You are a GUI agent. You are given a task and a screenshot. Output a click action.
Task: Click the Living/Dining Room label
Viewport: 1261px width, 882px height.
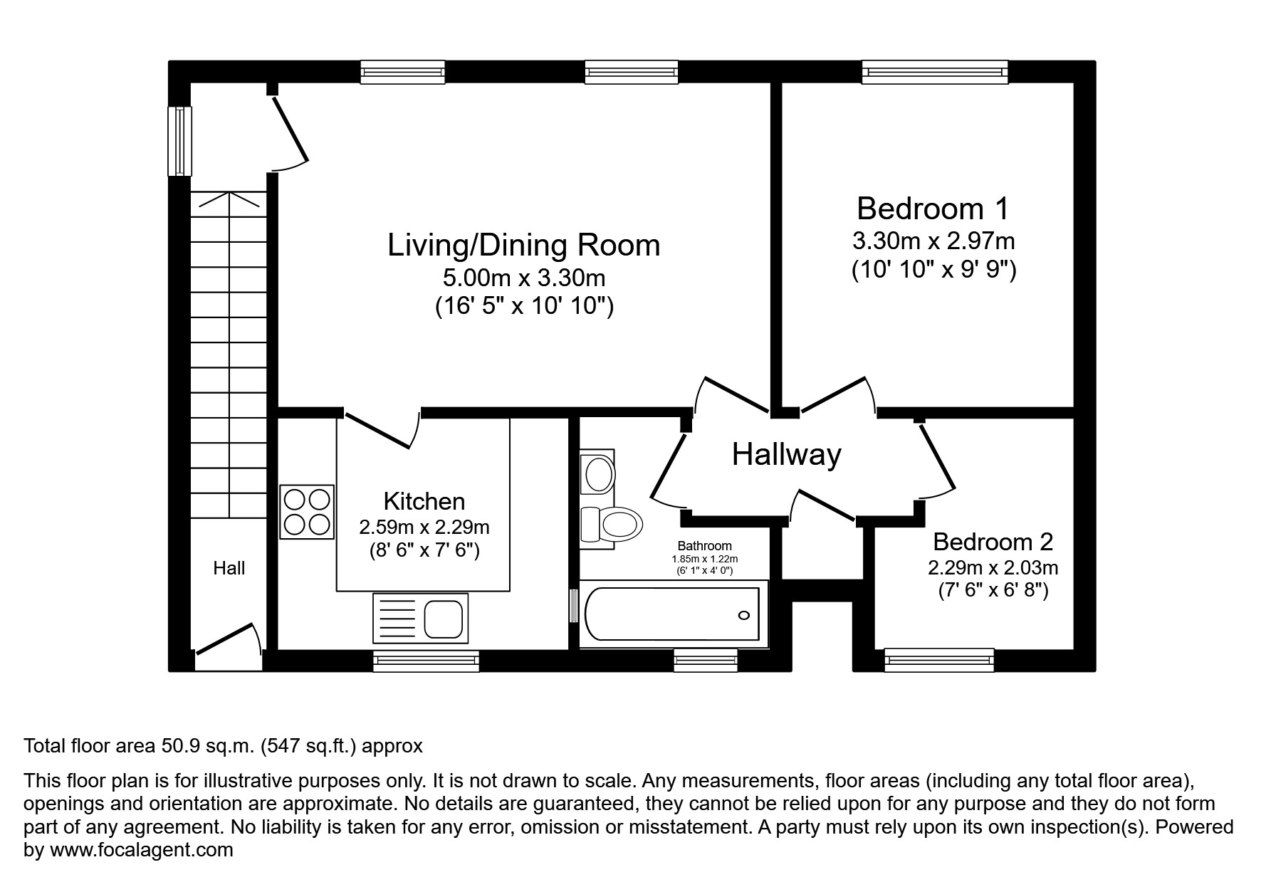[523, 245]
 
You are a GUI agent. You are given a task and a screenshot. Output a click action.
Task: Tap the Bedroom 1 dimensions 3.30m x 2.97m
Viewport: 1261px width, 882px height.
[933, 241]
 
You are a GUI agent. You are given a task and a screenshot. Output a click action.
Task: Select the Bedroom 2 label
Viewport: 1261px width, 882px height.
[993, 542]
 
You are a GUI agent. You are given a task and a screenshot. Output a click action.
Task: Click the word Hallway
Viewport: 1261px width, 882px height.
[786, 454]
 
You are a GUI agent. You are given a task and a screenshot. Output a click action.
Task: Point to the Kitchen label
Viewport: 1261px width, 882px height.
[424, 501]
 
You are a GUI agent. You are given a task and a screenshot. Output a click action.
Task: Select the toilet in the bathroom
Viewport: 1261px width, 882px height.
[614, 525]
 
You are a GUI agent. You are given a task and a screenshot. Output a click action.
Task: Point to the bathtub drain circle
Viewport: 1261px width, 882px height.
[745, 615]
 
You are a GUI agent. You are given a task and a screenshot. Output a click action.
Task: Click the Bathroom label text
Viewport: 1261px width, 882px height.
[704, 546]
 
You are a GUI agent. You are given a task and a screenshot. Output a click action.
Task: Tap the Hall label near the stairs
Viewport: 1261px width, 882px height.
[229, 568]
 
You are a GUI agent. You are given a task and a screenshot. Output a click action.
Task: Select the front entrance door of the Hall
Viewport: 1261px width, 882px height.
[226, 638]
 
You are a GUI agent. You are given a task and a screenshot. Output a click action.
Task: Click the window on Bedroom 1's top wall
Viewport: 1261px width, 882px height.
[934, 71]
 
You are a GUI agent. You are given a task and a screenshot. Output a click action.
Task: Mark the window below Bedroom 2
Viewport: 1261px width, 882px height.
[938, 660]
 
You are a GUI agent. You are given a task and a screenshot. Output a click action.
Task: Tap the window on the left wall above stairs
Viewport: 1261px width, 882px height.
[180, 140]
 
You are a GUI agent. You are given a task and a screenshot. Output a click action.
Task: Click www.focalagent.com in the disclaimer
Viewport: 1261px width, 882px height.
[141, 850]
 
